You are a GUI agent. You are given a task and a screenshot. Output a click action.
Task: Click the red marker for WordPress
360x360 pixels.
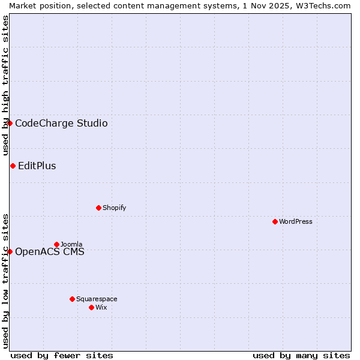tap(275, 221)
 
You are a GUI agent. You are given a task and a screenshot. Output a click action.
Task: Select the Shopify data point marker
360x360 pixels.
tap(98, 208)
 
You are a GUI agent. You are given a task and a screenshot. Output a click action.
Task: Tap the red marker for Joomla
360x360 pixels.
tap(56, 244)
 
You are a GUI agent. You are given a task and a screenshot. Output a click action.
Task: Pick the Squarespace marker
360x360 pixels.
tap(72, 299)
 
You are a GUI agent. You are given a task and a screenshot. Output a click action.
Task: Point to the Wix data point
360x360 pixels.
tap(91, 307)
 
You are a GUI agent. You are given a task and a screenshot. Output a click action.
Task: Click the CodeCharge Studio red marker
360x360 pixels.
tap(10, 123)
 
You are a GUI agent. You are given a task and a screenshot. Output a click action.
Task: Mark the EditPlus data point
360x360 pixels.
tap(13, 166)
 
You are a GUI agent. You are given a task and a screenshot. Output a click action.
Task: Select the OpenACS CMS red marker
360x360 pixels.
tap(10, 251)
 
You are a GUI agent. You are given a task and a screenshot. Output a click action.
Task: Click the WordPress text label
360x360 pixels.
tap(296, 221)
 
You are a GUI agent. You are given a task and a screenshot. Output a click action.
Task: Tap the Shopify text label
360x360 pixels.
tap(115, 208)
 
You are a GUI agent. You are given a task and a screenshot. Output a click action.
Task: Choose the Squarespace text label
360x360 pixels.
tap(97, 299)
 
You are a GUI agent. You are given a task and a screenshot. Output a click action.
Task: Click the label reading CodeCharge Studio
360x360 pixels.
tap(61, 124)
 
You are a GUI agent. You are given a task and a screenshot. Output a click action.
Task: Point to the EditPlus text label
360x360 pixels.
tap(37, 166)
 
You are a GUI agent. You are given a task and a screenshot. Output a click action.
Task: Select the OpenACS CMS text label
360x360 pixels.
tap(50, 252)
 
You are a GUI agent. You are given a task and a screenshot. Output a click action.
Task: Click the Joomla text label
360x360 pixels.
tap(71, 244)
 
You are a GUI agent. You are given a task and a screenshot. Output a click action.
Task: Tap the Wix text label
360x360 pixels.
tap(101, 307)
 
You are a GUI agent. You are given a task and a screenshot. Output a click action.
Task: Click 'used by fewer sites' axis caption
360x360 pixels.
tap(62, 355)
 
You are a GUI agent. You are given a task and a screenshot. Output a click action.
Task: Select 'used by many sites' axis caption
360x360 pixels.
tap(301, 355)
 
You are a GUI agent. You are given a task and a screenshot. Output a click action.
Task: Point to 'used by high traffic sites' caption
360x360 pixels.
tap(5, 86)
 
